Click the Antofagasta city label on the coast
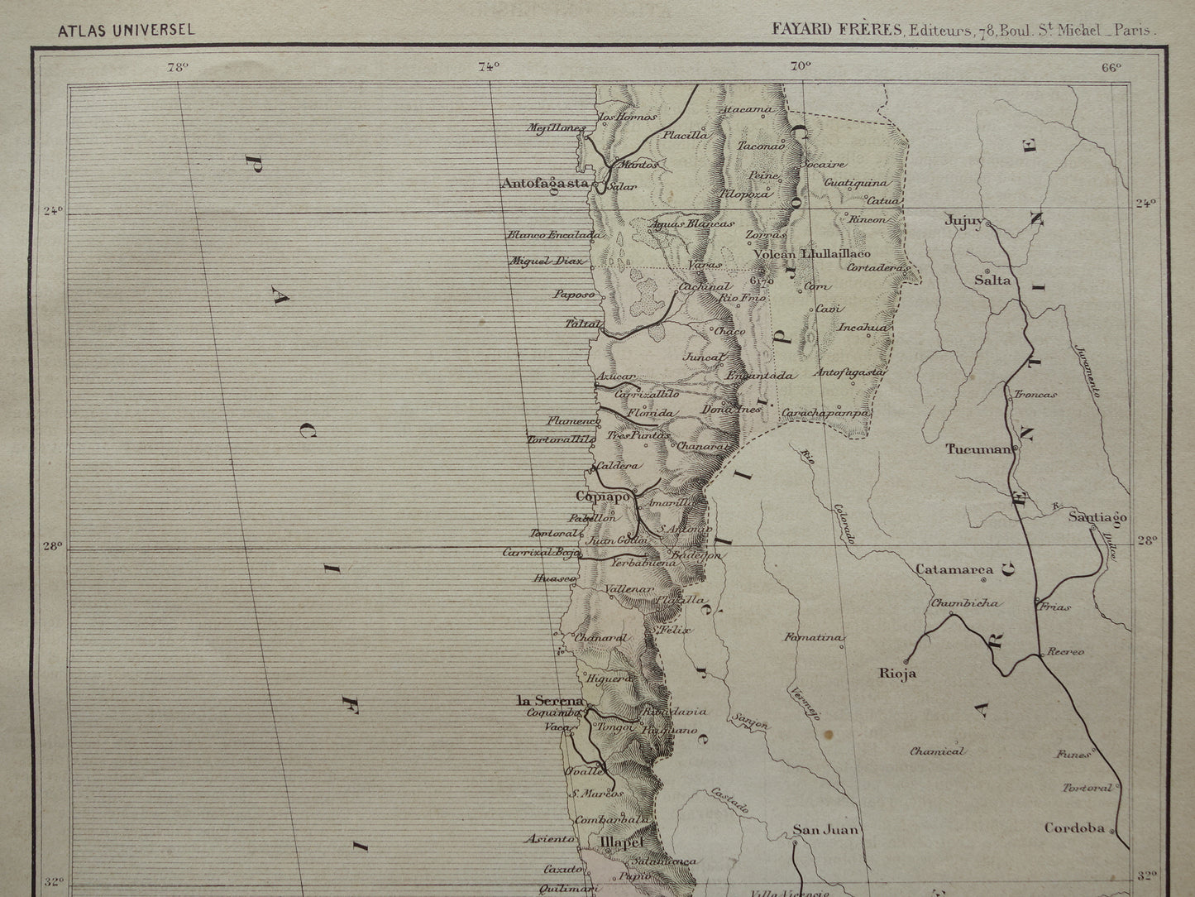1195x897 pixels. click(x=544, y=184)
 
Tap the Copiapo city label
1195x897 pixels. click(x=602, y=496)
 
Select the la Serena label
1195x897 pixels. click(x=550, y=701)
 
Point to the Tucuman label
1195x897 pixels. click(x=978, y=449)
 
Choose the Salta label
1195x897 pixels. click(x=992, y=280)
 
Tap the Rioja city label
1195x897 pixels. click(x=897, y=673)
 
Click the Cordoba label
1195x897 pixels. click(x=1074, y=827)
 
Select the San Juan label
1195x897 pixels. click(x=826, y=829)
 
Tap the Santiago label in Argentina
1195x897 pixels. click(x=1097, y=517)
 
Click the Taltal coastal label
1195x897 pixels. click(x=581, y=324)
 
